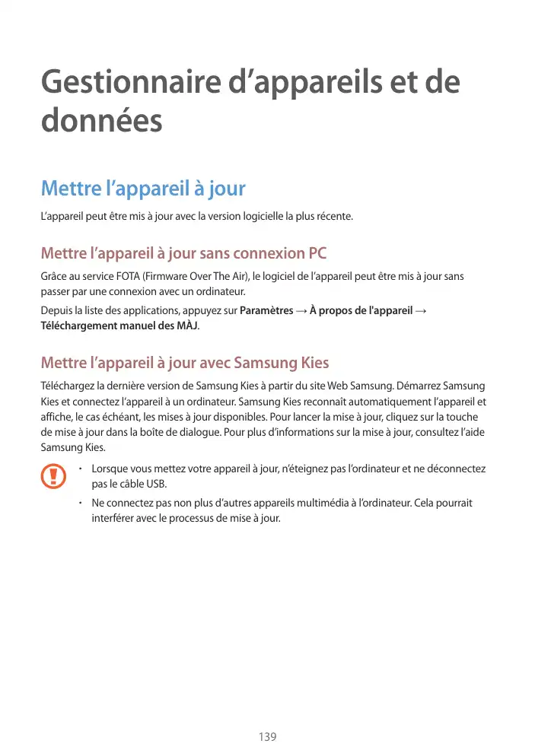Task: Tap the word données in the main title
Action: [x=101, y=122]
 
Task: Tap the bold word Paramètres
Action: [x=266, y=310]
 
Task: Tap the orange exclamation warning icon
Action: [x=53, y=477]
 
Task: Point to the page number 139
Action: [x=267, y=737]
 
